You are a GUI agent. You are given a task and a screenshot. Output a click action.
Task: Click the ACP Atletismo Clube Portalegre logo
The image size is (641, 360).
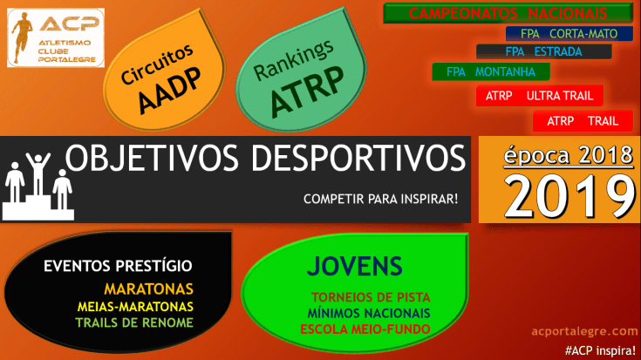56,38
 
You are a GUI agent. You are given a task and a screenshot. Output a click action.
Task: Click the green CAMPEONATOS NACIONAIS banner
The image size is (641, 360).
508,14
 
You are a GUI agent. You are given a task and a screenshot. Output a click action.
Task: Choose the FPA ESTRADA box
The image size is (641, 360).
543,51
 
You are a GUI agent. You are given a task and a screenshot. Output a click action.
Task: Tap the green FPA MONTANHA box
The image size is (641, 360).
489,71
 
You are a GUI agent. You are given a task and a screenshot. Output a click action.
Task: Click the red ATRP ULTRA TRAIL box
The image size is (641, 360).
539,95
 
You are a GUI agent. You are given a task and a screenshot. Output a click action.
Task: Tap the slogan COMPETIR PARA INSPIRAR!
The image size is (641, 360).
380,199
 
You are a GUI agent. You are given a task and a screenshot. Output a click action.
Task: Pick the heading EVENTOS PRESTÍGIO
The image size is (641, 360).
118,267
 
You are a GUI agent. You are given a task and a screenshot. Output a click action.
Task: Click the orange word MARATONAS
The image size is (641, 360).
148,289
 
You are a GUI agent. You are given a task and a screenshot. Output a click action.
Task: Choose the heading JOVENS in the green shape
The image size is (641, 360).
354,267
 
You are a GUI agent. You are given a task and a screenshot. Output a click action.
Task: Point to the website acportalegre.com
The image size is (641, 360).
584,331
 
